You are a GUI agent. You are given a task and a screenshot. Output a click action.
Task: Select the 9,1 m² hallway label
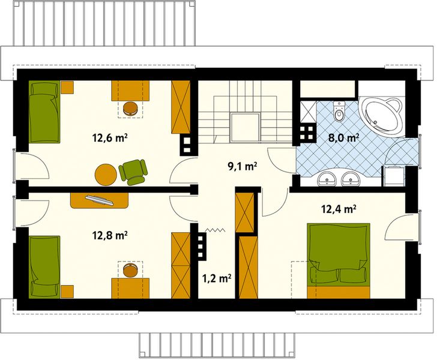point(243,166)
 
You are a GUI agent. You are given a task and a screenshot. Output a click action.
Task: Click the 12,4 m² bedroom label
point(339,209)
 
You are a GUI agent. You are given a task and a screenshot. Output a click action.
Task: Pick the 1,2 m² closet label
point(217,278)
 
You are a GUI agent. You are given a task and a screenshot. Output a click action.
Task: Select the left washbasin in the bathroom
point(328,178)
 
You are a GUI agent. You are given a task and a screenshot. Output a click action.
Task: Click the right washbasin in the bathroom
point(350,178)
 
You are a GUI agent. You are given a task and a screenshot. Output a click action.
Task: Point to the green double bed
point(339,254)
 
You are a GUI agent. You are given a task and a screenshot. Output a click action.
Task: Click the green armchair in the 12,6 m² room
point(133,170)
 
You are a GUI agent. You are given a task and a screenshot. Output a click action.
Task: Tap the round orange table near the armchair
point(106,175)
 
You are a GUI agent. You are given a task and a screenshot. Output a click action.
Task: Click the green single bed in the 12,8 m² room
point(44,266)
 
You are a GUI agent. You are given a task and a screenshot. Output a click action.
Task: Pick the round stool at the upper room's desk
point(131,108)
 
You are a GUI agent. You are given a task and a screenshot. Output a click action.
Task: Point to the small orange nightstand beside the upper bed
point(66,88)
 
